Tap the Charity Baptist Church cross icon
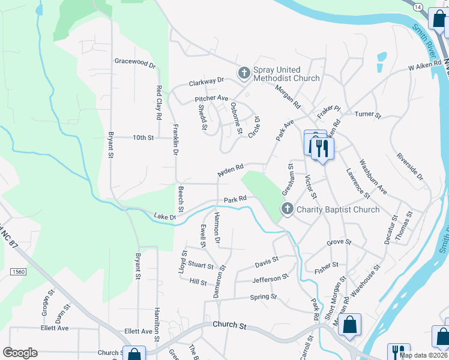click(x=288, y=209)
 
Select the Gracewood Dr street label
click(x=135, y=62)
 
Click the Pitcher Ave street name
click(x=211, y=98)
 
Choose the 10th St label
click(x=143, y=137)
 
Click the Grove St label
click(x=339, y=242)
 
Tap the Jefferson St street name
click(x=270, y=279)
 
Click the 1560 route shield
click(x=18, y=272)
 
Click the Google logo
click(x=20, y=352)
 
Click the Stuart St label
click(x=200, y=265)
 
